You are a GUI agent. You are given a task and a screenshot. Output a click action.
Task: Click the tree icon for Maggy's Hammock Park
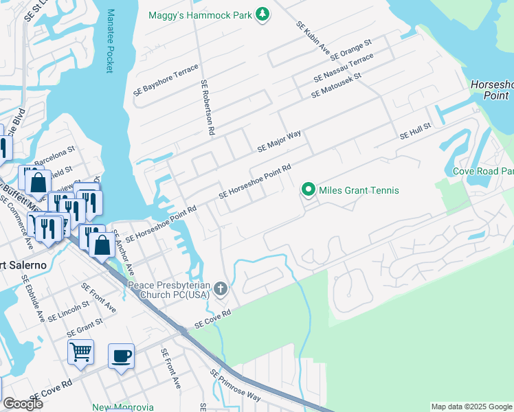pyautogui.click(x=262, y=14)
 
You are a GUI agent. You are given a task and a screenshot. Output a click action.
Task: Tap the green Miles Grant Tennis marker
pyautogui.click(x=309, y=190)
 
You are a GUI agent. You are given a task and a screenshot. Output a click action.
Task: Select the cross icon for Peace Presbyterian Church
pyautogui.click(x=221, y=289)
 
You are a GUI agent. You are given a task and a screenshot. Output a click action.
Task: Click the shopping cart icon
pyautogui.click(x=80, y=352)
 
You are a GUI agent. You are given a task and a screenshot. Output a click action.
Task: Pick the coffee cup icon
pyautogui.click(x=121, y=356)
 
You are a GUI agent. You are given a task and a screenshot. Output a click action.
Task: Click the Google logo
pyautogui.click(x=23, y=404)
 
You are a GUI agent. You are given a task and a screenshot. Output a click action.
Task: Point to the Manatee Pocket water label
pyautogui.click(x=109, y=41)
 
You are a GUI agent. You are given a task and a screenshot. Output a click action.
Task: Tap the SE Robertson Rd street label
pyautogui.click(x=209, y=106)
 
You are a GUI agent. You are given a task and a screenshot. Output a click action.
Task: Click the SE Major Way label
pyautogui.click(x=279, y=141)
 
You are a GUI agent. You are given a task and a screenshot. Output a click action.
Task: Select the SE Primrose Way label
pyautogui.click(x=236, y=386)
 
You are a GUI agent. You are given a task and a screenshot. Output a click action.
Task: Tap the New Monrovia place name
pyautogui.click(x=123, y=407)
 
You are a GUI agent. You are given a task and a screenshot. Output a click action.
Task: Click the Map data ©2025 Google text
pyautogui.click(x=471, y=407)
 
